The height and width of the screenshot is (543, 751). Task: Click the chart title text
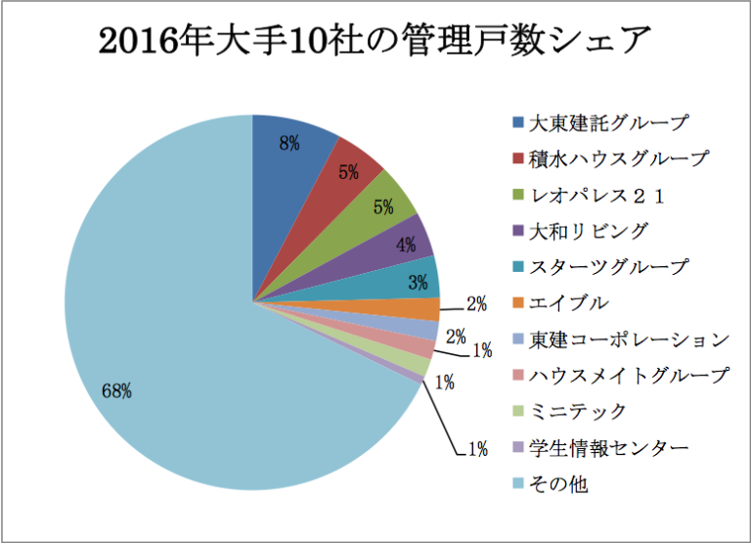point(375,41)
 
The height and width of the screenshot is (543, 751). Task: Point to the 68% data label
point(116,391)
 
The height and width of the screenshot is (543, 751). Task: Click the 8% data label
point(288,143)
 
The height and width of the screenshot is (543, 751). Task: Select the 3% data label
point(418,284)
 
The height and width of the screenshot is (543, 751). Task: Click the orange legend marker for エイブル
point(517,303)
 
